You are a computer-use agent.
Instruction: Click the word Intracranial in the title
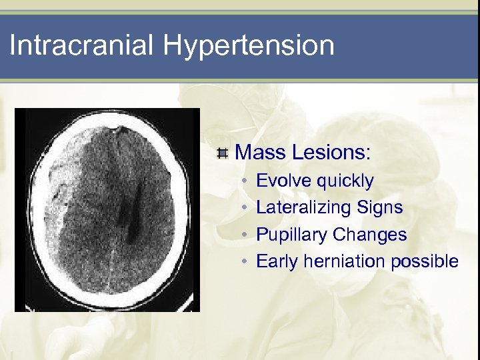coord(83,45)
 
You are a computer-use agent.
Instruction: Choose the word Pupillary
coord(291,235)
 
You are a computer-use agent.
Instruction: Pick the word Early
coord(277,261)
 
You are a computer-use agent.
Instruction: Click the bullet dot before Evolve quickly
coord(245,181)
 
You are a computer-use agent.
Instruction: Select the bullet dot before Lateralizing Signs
coord(245,208)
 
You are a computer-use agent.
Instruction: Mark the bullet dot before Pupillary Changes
coord(245,235)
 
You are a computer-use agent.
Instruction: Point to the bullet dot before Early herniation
coord(245,261)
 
